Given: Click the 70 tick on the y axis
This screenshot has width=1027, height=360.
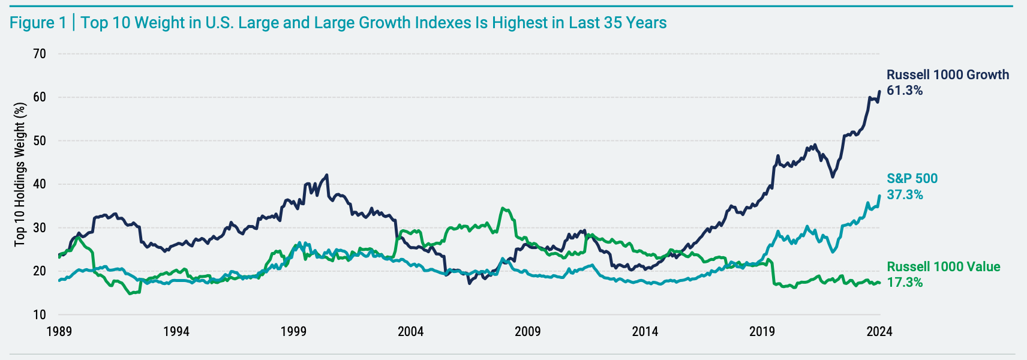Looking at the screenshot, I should tap(40, 54).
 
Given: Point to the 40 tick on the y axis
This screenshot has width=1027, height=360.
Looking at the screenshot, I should tap(40, 184).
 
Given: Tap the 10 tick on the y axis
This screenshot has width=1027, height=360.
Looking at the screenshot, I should tap(40, 314).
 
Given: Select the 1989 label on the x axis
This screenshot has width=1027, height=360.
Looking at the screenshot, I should tap(59, 331).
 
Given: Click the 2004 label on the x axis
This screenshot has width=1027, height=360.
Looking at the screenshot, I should tap(410, 331).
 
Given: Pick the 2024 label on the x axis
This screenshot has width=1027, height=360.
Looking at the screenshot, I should tap(879, 331).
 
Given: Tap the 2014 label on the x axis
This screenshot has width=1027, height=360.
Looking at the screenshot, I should tap(645, 331).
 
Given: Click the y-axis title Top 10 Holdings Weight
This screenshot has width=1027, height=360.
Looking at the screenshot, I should tap(20, 174).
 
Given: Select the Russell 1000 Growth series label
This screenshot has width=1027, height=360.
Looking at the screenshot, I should tap(948, 75).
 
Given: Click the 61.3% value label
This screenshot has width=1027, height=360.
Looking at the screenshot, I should tap(905, 91).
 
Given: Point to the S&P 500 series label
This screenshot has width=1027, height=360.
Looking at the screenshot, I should tap(912, 179).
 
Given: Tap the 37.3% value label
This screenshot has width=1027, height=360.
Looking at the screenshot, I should tap(905, 194).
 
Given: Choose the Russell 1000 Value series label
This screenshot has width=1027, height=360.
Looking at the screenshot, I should tap(944, 267).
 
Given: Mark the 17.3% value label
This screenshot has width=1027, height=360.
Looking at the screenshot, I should tap(905, 283).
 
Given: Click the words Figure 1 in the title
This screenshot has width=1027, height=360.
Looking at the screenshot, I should tap(38, 23).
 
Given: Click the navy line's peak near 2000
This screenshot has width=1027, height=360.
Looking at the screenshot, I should tap(327, 175).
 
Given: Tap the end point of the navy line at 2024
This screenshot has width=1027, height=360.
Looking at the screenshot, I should tap(879, 92).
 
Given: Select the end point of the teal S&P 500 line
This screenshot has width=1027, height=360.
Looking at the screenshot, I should tap(879, 196).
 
